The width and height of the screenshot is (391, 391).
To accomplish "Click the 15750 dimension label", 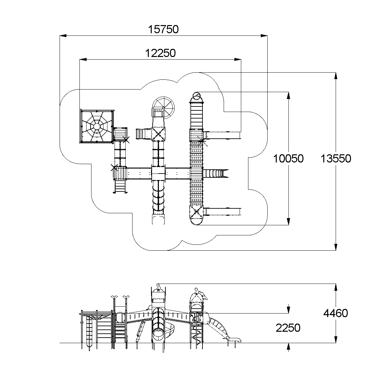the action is tap(163, 29).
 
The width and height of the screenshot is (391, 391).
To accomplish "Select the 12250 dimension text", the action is tap(161, 53).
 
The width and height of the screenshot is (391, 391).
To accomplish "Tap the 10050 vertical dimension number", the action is tap(288, 159).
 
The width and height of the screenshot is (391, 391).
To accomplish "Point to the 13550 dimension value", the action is tap(336, 159).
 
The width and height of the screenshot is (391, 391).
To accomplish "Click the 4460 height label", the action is tap(336, 313).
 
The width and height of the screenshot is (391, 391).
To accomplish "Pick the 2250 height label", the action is tap(288, 328).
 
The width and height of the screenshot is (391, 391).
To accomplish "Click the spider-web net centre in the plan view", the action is tap(97, 127).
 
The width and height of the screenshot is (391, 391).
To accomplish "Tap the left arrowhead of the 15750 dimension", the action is tap(63, 36).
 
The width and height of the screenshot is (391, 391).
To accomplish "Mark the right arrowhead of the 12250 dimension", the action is tap(238, 60).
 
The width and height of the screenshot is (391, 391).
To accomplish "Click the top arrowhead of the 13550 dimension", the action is tap(336, 76).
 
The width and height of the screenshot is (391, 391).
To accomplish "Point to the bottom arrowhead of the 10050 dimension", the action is tap(288, 222).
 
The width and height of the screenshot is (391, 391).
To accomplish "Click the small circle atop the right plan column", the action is tap(196, 96).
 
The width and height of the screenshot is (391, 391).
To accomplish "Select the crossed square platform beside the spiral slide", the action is tap(159, 134).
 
